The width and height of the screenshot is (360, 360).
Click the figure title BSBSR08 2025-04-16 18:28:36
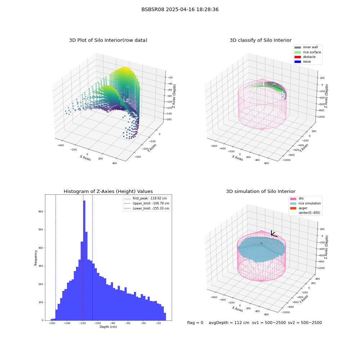click(180, 9)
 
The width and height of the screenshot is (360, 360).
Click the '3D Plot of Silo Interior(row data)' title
click(108, 40)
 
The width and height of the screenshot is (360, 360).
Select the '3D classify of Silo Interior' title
click(261, 40)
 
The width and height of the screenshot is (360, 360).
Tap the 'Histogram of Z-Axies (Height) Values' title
click(108, 191)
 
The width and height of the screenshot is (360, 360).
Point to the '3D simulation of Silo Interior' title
click(261, 191)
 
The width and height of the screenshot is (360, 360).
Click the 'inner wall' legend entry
click(306, 47)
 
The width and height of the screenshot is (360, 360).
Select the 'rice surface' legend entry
click(308, 52)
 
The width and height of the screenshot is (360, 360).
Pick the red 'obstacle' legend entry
click(305, 57)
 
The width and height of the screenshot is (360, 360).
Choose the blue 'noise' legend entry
click(303, 62)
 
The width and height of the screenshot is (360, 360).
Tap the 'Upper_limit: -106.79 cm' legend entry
click(147, 203)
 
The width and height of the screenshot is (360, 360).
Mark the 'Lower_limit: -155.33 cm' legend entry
click(147, 208)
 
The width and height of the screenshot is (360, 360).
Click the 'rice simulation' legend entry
click(306, 203)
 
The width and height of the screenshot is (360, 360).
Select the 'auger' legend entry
click(299, 208)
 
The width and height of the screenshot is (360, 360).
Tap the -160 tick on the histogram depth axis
click(52, 323)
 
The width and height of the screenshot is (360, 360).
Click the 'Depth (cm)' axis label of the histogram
click(108, 327)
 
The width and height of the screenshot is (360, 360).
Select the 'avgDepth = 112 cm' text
click(229, 323)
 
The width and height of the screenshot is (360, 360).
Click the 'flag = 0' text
click(195, 323)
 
